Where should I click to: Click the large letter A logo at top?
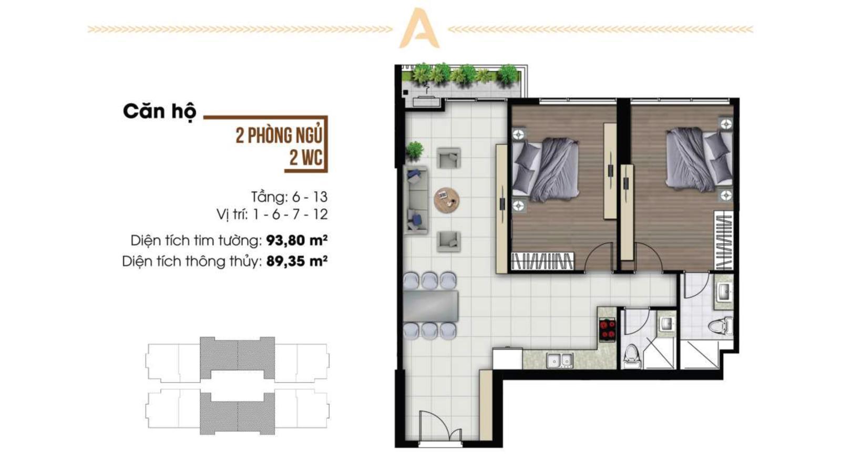(419, 28)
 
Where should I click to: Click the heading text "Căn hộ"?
(160, 111)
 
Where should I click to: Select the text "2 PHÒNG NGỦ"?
(279, 136)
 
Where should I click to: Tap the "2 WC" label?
(305, 158)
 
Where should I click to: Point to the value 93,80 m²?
(296, 240)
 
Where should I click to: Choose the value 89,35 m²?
(296, 261)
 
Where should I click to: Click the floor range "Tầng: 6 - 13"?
(290, 197)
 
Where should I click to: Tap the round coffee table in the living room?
(447, 200)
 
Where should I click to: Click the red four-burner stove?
(608, 329)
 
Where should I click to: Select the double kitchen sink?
(559, 361)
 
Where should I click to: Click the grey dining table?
(431, 305)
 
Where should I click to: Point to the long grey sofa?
(416, 200)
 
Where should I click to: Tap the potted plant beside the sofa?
(414, 150)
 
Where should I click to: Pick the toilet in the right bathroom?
(721, 325)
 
